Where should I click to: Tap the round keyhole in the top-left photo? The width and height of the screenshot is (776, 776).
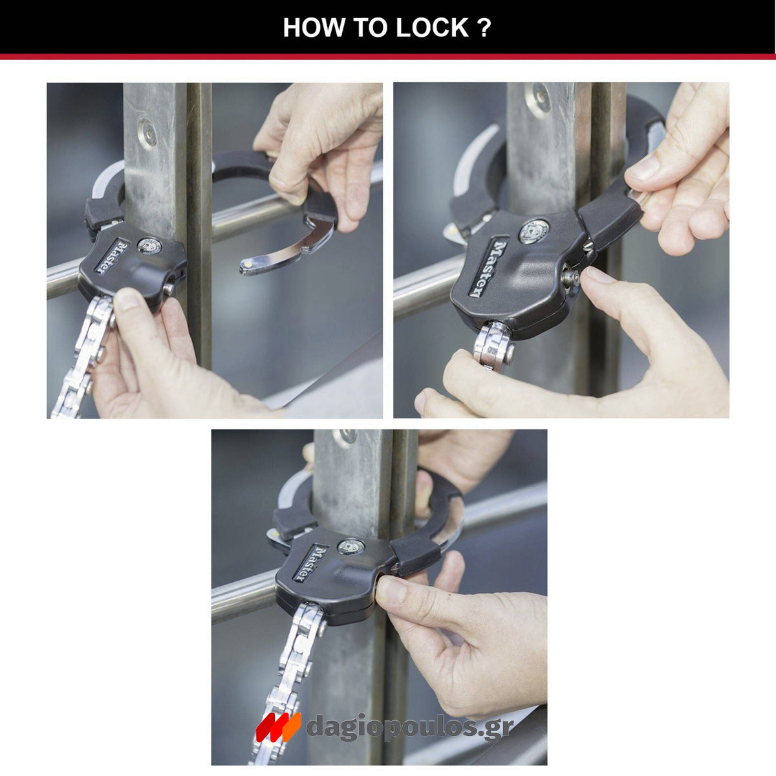149,246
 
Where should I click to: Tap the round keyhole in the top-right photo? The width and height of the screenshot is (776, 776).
534,231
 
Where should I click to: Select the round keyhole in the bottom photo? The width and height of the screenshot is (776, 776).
350,547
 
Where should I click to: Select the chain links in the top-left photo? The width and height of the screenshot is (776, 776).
81,362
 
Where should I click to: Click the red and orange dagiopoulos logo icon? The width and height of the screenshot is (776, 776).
278,727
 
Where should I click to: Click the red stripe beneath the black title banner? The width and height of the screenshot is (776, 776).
388,57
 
